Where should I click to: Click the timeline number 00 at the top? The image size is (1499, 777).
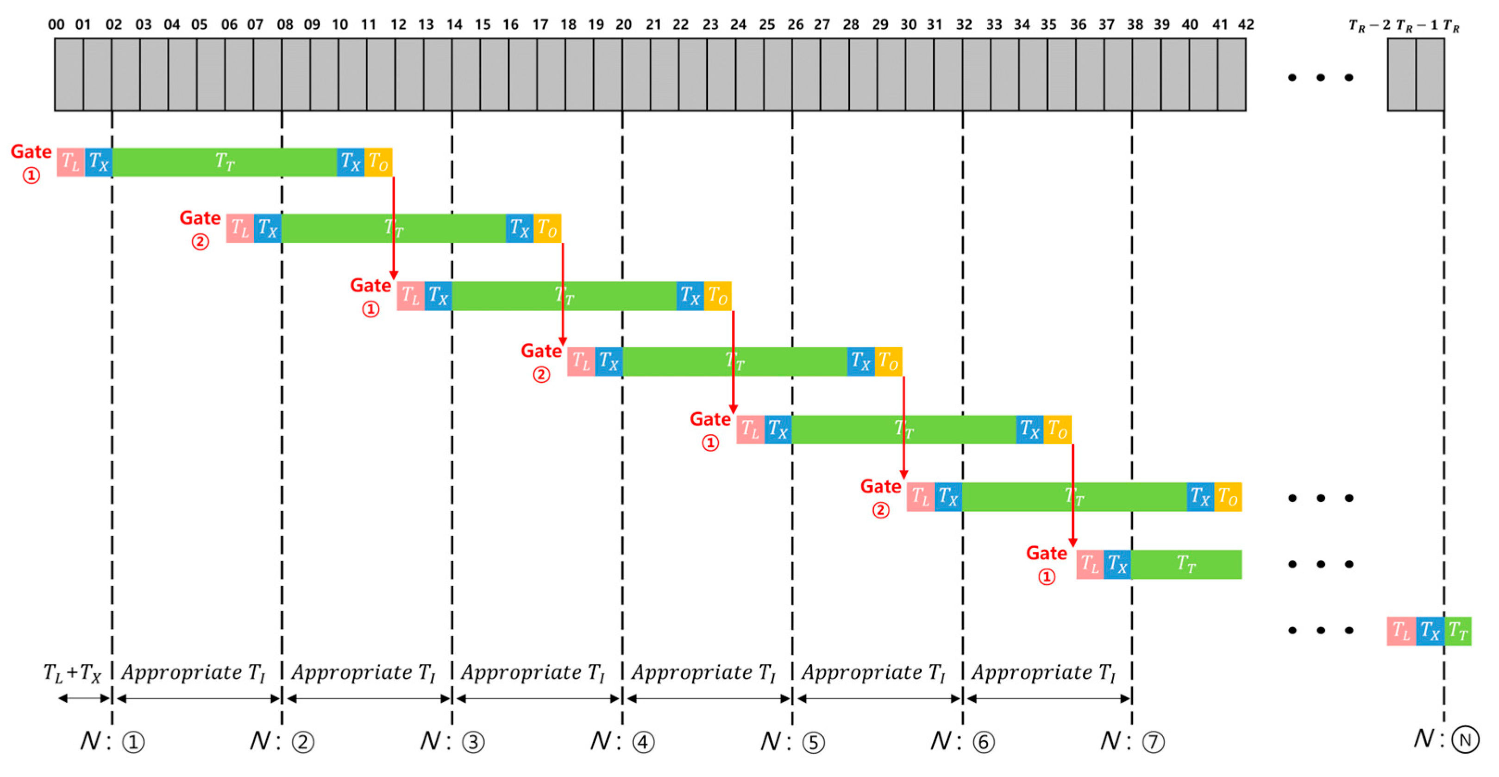click(56, 25)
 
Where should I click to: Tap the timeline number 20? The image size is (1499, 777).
click(623, 25)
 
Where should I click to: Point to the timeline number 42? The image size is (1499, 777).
click(1245, 25)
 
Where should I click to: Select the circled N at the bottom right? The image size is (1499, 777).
click(1465, 740)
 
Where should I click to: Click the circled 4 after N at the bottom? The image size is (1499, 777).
click(643, 742)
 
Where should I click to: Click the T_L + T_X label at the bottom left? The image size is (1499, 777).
click(72, 673)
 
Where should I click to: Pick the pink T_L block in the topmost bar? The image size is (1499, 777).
click(70, 162)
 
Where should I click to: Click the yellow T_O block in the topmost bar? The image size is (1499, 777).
click(378, 162)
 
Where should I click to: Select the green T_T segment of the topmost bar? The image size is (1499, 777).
click(225, 162)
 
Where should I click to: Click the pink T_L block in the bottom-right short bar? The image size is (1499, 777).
click(1401, 631)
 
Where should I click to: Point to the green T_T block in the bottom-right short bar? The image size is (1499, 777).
click(1458, 631)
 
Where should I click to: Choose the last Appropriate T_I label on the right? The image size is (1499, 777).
click(1043, 673)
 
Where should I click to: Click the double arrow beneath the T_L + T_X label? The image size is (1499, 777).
click(84, 698)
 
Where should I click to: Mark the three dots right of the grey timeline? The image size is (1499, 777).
click(1320, 77)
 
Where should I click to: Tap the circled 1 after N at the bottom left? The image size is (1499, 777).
click(133, 742)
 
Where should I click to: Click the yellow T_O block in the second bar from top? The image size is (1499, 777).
click(547, 228)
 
